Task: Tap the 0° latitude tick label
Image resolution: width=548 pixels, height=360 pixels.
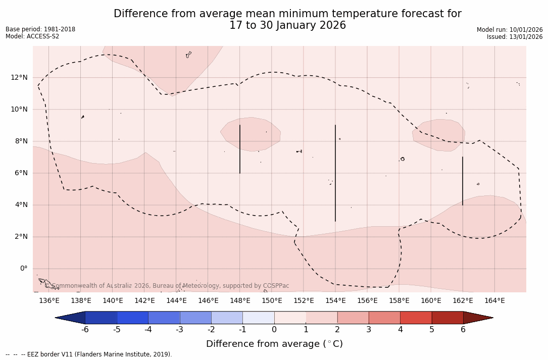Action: [x=23, y=269]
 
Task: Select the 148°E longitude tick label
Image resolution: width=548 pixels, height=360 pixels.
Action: [x=240, y=301]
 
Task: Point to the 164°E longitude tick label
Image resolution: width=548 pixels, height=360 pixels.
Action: [x=494, y=301]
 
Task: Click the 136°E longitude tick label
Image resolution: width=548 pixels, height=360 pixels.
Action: [x=49, y=301]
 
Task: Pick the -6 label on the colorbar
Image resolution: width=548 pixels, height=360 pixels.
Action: [x=85, y=330]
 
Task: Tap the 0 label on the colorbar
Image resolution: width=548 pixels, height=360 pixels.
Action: [x=274, y=330]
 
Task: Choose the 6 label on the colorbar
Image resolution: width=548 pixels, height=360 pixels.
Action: [x=463, y=330]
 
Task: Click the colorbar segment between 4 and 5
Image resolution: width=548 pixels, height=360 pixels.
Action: [x=416, y=318]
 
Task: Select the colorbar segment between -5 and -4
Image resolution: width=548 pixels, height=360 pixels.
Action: [x=132, y=318]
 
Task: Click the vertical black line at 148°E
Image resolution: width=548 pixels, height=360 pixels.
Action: [x=240, y=149]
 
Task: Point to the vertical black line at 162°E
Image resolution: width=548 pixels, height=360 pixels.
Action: [x=463, y=181]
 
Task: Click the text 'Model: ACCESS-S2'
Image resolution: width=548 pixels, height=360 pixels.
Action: [x=32, y=36]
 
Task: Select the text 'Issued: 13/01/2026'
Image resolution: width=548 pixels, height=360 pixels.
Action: [x=515, y=37]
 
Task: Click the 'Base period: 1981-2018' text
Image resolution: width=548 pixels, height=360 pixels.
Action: [x=40, y=29]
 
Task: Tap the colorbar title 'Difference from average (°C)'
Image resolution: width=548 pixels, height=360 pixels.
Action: [x=274, y=344]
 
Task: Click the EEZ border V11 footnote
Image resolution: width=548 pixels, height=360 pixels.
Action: [x=88, y=354]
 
